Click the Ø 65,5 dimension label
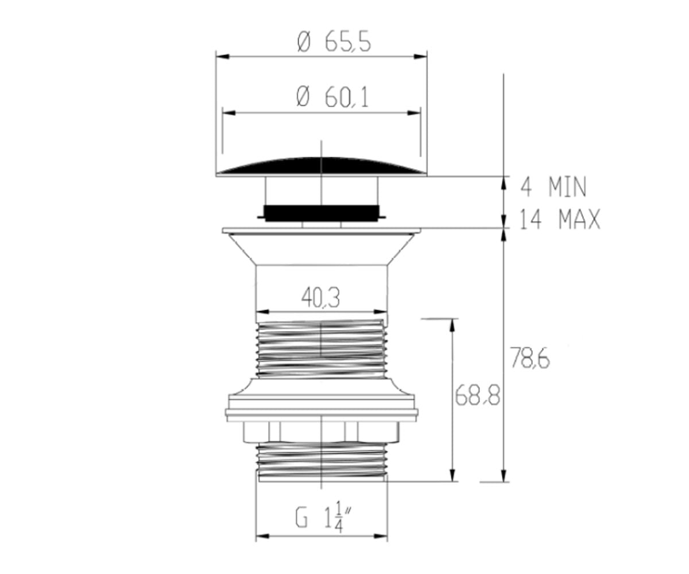point(334,42)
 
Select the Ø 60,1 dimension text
point(332,98)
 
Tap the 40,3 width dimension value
point(320,297)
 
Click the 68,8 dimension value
point(478,395)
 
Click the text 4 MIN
point(553,187)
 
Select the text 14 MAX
point(560,219)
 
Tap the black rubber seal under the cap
point(322,213)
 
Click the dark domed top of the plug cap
point(322,165)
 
